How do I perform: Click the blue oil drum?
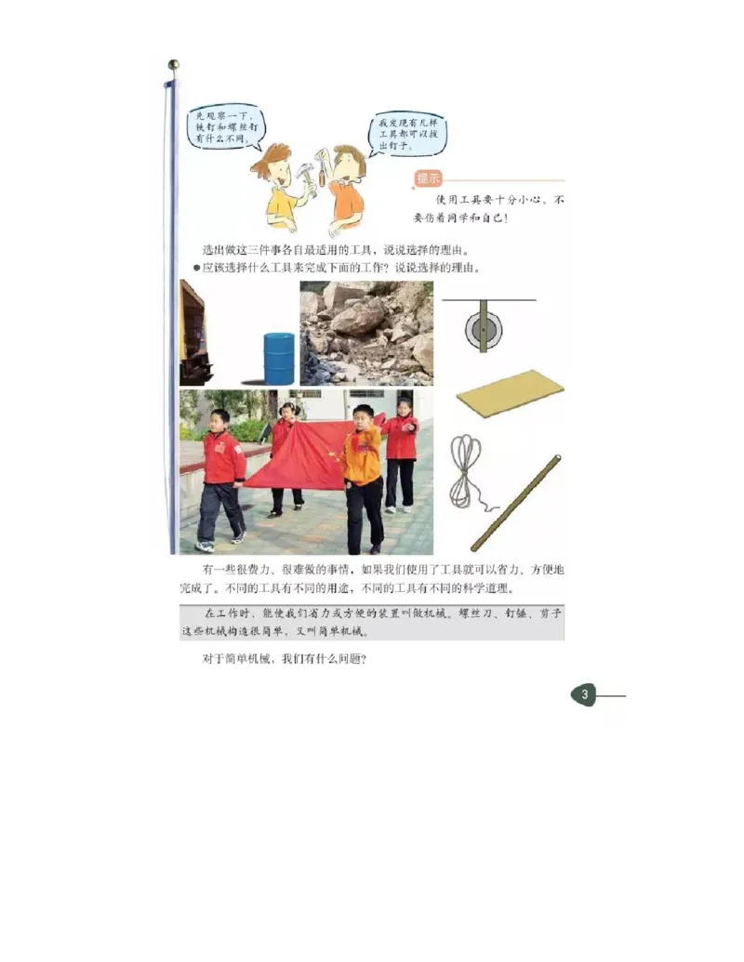(x=279, y=358)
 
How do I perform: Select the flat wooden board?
(x=510, y=392)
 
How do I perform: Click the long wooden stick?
(x=516, y=503)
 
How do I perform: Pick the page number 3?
(x=583, y=694)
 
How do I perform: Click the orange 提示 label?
(x=428, y=178)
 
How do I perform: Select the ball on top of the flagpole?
(x=172, y=65)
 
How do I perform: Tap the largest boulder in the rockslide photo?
(x=359, y=317)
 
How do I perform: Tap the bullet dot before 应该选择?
(x=196, y=268)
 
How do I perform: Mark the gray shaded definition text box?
(x=372, y=622)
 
